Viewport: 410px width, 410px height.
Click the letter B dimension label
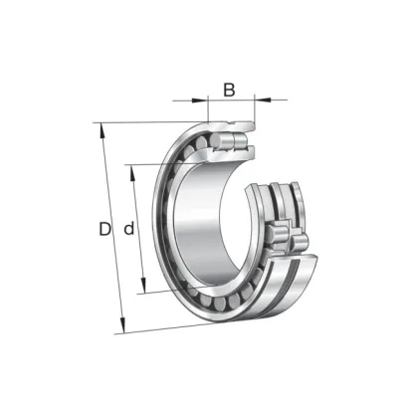[229, 90]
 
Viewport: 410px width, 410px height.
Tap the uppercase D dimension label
[104, 229]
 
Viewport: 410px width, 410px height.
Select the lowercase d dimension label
[129, 228]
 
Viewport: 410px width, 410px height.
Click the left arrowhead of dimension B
[200, 100]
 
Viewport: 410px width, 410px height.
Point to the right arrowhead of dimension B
[263, 99]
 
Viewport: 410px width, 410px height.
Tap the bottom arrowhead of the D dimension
[122, 325]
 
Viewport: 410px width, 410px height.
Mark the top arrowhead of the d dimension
[132, 172]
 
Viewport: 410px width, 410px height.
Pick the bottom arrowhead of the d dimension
[143, 286]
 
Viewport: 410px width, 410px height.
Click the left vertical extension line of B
[208, 108]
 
